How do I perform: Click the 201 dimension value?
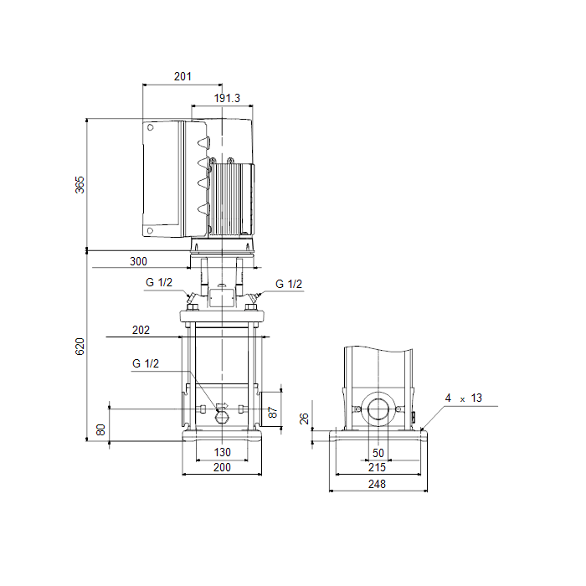pos(182,76)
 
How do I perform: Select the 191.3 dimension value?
pos(227,98)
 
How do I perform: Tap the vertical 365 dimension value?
pos(80,185)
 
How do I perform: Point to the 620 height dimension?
pos(80,347)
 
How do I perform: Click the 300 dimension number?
pos(138,261)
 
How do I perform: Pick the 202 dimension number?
pos(141,330)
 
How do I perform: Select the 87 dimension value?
pos(273,413)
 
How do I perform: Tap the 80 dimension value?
pos(100,429)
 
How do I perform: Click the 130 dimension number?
pos(222,452)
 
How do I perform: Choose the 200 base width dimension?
pos(222,467)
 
